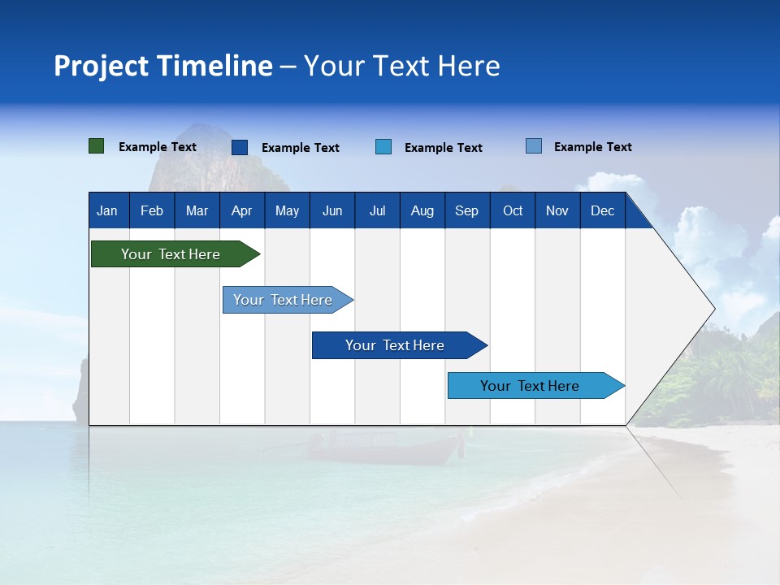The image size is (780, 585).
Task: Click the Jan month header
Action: coord(107,210)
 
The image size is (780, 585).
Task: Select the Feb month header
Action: coord(152,210)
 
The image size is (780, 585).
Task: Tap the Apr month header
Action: coord(241,210)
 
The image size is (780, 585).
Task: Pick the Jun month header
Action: coord(332,210)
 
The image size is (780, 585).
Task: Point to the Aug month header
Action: coord(422,210)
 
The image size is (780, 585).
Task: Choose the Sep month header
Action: coord(466,210)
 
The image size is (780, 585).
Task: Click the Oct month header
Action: coord(513,210)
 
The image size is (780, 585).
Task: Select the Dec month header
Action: coord(603,210)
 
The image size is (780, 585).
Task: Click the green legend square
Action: coord(97,146)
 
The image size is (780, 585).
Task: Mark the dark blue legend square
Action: coord(240,147)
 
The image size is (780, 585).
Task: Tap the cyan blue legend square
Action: coord(383,147)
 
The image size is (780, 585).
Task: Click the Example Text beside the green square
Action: coord(158,147)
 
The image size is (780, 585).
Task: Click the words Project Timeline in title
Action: coord(162,66)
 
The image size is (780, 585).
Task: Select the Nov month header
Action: coord(557,210)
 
